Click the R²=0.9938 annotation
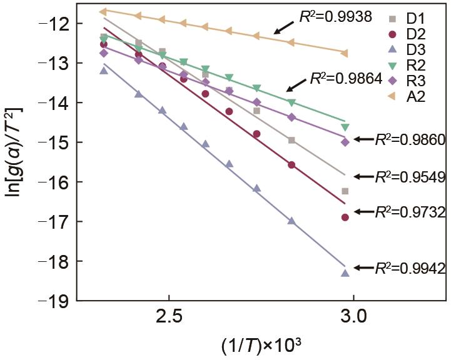coord(337,16)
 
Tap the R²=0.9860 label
coord(410,141)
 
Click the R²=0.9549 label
coord(410,177)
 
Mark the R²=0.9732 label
coord(410,212)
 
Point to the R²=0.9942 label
coord(410,269)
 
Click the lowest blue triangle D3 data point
coord(345,273)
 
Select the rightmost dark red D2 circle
coord(345,217)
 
